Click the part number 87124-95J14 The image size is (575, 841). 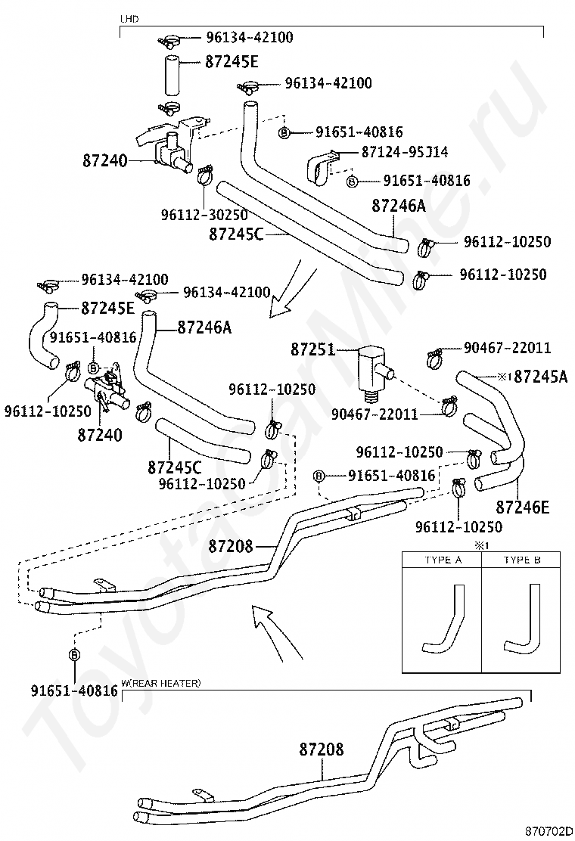click(x=405, y=152)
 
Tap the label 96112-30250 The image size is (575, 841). click(x=204, y=215)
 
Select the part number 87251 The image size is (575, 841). click(x=312, y=349)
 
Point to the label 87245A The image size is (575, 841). click(x=541, y=377)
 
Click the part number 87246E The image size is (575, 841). click(x=523, y=507)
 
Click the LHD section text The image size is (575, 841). click(x=129, y=20)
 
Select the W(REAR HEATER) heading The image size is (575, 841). click(x=161, y=683)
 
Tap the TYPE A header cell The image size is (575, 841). click(x=443, y=560)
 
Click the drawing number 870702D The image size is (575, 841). click(x=549, y=832)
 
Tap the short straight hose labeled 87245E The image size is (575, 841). click(x=170, y=75)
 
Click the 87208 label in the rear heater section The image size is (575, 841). click(x=322, y=749)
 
